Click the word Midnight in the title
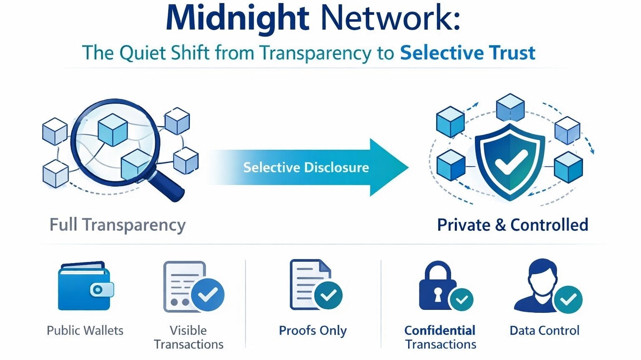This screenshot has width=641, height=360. click(237, 18)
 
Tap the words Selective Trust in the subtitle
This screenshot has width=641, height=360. click(467, 53)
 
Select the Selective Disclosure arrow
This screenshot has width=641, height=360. click(307, 167)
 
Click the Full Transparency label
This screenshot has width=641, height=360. click(117, 225)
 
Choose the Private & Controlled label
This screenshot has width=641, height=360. click(512, 225)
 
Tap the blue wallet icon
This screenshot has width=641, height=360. click(85, 287)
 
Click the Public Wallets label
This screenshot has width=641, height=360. click(85, 330)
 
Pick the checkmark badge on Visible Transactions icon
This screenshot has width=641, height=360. click(207, 295)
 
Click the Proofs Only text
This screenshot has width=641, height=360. click(313, 330)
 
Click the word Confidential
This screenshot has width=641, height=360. click(439, 330)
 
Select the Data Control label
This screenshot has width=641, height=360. click(544, 330)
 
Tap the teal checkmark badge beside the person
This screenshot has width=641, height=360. click(568, 299)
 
